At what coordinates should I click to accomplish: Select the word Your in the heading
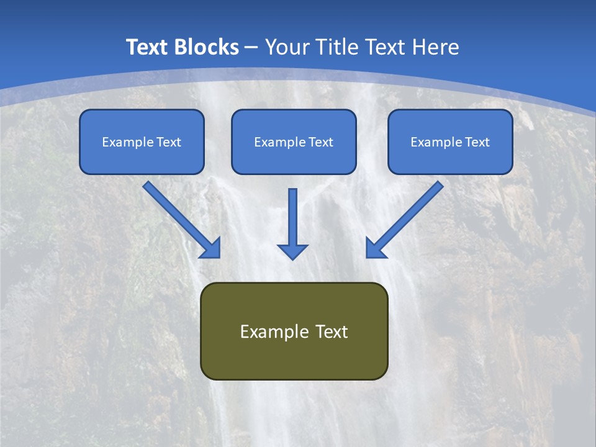click(288, 47)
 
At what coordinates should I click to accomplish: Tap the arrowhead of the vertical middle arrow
click(292, 251)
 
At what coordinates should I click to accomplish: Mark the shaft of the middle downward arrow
click(292, 215)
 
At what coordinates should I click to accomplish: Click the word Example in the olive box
click(266, 332)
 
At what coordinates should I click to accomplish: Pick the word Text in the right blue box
click(477, 142)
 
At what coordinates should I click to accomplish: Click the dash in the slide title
click(251, 48)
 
